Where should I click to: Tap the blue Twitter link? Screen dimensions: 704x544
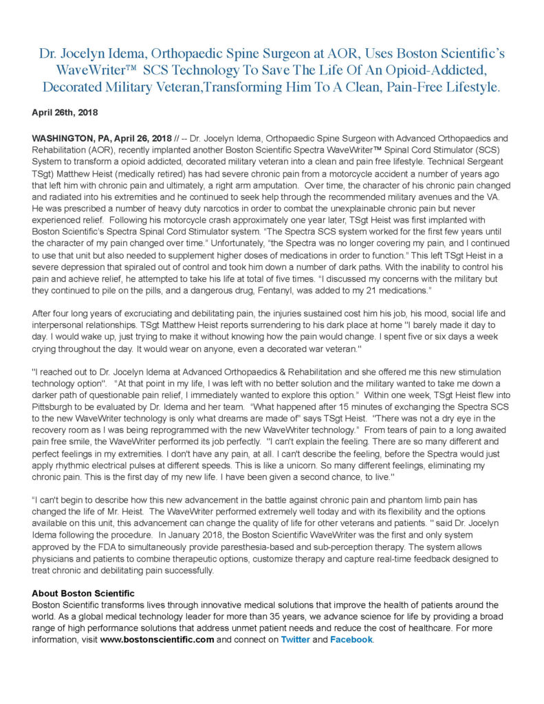[x=295, y=639]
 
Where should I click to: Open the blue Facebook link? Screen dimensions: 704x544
[x=351, y=639]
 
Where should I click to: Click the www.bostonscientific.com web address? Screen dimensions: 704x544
[x=157, y=639]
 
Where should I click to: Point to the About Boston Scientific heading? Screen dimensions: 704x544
[x=83, y=593]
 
